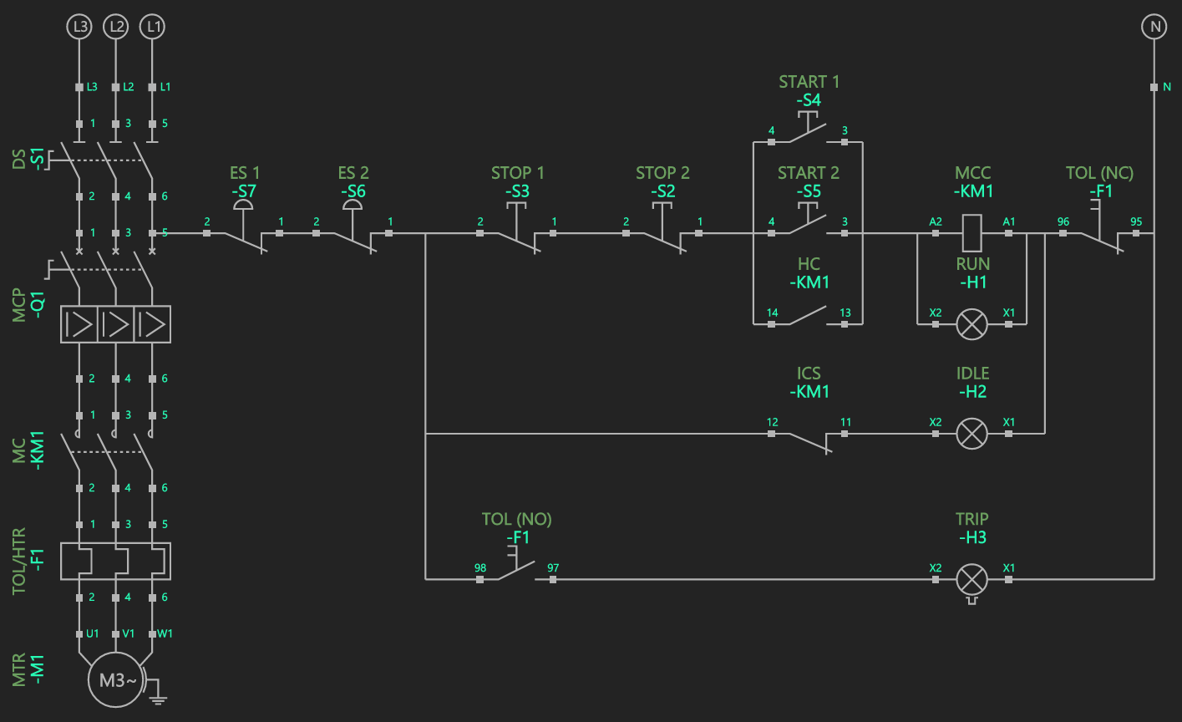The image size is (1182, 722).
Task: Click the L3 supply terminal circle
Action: coord(79,27)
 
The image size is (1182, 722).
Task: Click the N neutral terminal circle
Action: coord(1154,27)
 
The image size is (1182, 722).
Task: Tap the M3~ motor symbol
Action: coord(117,680)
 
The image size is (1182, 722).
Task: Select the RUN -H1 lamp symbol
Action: coord(971,324)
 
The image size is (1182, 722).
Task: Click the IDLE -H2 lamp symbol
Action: coord(971,434)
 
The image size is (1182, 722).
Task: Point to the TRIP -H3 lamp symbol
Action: coord(971,578)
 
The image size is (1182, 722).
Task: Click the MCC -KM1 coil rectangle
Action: coord(971,234)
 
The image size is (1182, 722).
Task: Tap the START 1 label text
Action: coord(809,82)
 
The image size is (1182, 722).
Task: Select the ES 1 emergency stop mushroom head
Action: coord(243,204)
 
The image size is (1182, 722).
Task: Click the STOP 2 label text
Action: coord(662,173)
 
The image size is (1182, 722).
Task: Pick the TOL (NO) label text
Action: coord(516,519)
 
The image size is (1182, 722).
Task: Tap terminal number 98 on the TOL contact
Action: coord(480,568)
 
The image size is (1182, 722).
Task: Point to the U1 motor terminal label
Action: coord(93,633)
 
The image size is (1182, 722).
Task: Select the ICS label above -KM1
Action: coord(809,374)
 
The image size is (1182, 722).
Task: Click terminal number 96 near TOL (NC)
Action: coord(1063,222)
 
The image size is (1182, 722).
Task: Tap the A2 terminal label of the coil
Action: coord(936,222)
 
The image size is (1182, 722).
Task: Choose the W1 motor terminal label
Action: coord(165,633)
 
